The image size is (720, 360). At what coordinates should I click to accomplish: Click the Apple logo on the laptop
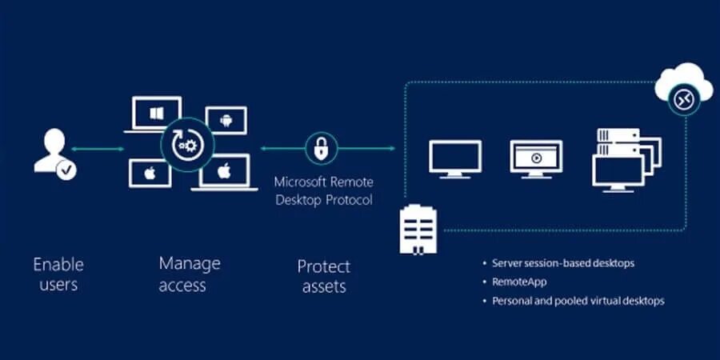coord(224,170)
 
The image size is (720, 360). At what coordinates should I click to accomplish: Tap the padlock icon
coord(322,148)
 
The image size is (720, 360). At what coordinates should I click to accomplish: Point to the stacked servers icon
coord(626,160)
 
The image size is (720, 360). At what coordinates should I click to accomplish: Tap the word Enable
coord(59,265)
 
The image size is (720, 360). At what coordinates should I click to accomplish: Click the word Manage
coord(190,263)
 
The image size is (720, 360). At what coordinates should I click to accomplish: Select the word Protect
coord(324,266)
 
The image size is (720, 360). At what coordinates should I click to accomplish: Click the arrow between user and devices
coord(98,149)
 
